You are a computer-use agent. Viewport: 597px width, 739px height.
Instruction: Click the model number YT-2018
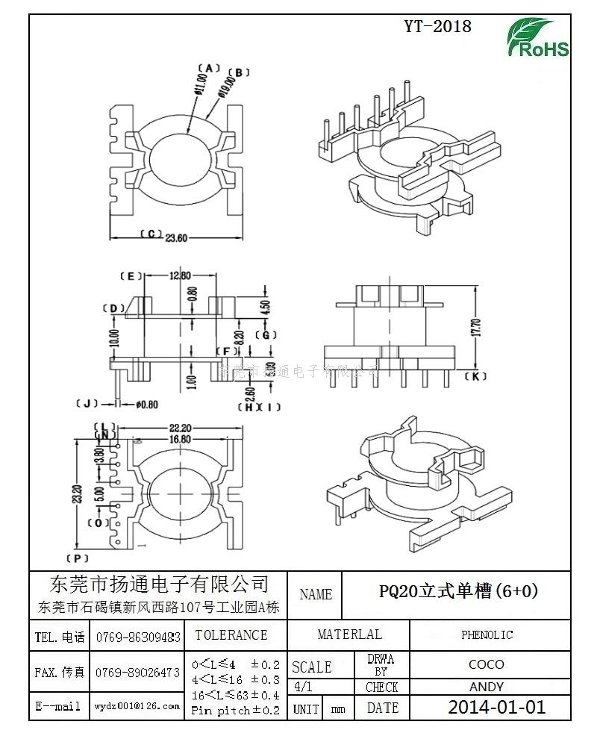(438, 27)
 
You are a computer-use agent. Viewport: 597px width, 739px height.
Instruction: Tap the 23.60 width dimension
(176, 238)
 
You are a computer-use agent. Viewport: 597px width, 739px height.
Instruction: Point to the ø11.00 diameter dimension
(200, 83)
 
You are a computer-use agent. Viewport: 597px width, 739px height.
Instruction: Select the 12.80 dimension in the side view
(180, 275)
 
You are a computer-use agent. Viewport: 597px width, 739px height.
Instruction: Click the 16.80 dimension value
(180, 439)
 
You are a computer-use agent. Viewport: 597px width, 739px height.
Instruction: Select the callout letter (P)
(78, 558)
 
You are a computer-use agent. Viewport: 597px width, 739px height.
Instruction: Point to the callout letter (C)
(150, 234)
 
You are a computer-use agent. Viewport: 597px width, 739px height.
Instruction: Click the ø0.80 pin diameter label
(147, 405)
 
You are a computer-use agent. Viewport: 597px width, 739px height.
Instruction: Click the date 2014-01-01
(496, 708)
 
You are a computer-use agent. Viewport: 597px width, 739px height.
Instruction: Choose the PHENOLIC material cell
(487, 635)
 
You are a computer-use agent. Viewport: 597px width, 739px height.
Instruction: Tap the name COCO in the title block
(486, 664)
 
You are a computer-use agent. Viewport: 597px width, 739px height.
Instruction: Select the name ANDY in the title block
(486, 687)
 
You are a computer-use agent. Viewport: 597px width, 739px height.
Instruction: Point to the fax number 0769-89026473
(138, 673)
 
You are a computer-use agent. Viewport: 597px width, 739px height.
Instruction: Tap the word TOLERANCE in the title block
(231, 635)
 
